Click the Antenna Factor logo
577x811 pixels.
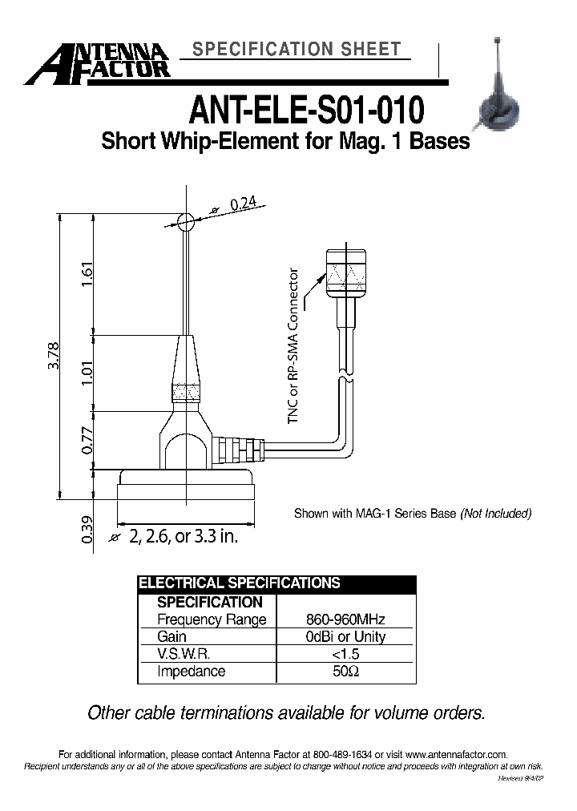click(x=97, y=63)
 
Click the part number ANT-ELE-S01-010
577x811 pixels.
click(x=305, y=108)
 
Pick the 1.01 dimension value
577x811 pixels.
click(x=87, y=373)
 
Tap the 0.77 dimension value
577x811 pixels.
click(x=87, y=440)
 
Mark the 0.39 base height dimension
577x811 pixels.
click(x=87, y=529)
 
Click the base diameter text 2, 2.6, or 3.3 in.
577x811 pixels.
click(x=183, y=537)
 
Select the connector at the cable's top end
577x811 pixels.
click(x=345, y=273)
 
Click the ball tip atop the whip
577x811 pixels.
click(x=185, y=222)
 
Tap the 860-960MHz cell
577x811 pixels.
click(x=346, y=619)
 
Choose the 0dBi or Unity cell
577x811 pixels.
click(x=346, y=637)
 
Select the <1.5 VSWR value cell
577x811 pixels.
click(x=346, y=654)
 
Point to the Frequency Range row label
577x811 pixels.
click(x=212, y=619)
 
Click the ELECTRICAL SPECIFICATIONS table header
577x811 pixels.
click(x=240, y=583)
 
